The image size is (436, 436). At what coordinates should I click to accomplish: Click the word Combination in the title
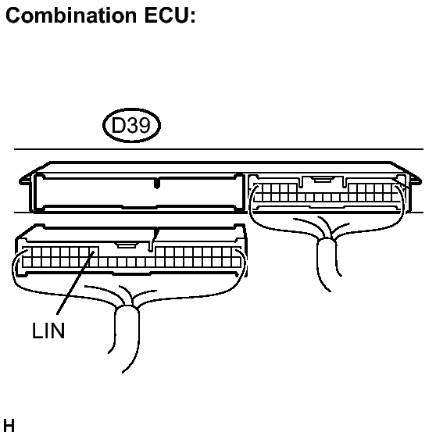click(71, 15)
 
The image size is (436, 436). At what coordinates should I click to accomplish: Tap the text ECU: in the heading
click(170, 15)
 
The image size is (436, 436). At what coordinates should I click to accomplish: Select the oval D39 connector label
click(131, 125)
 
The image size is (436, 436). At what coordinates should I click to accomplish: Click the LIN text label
click(48, 331)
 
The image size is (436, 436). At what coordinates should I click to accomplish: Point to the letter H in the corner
click(9, 425)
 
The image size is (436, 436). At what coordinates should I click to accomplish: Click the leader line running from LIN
click(75, 283)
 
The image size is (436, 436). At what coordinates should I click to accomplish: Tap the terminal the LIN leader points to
click(93, 252)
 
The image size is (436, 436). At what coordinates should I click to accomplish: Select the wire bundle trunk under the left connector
click(127, 334)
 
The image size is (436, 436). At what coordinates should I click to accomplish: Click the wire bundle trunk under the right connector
click(327, 262)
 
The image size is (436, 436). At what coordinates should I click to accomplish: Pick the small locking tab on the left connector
click(127, 245)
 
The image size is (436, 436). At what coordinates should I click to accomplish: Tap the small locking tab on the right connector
click(322, 180)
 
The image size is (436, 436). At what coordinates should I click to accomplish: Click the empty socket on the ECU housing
click(138, 193)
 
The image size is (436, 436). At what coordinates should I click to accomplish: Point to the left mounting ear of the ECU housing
click(25, 180)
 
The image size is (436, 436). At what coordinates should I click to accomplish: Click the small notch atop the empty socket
click(157, 184)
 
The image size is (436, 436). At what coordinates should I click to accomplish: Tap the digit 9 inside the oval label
click(144, 126)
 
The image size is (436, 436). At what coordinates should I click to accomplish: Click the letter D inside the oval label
click(118, 126)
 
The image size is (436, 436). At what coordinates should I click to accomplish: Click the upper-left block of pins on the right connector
click(275, 188)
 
